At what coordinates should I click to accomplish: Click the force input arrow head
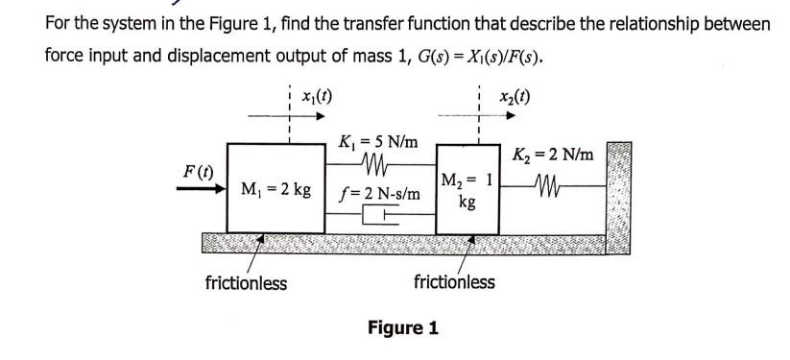click(218, 189)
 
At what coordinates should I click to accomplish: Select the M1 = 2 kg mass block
click(275, 188)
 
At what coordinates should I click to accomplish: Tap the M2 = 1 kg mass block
click(467, 188)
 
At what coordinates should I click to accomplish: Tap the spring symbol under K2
click(554, 183)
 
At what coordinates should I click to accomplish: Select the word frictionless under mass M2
click(454, 281)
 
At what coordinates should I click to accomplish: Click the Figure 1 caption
click(403, 328)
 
